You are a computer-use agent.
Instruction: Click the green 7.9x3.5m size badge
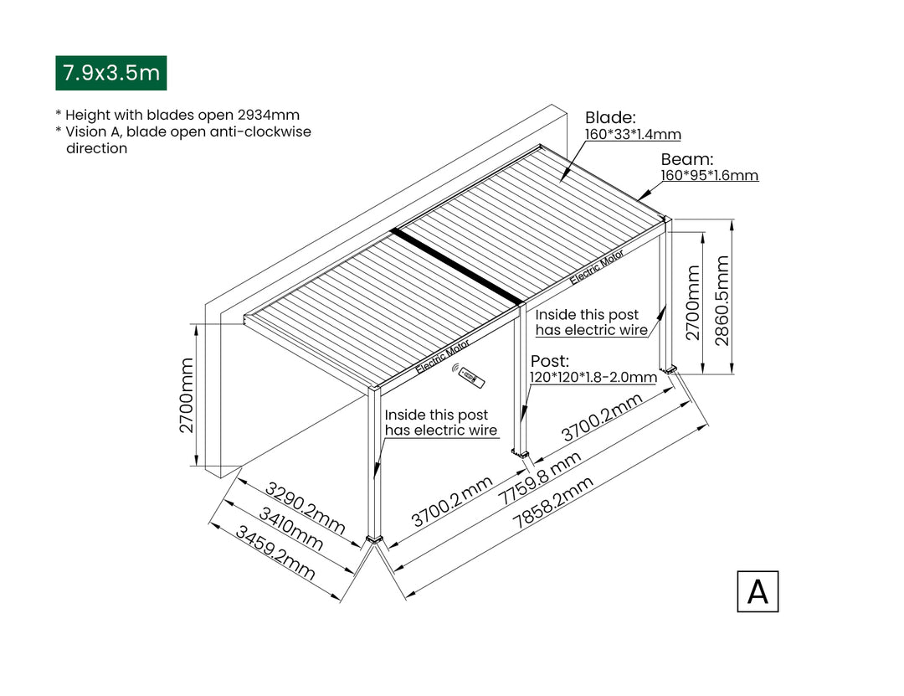click(x=110, y=73)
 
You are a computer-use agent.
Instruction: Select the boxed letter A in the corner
click(x=758, y=591)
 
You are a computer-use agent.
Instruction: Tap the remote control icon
click(x=471, y=378)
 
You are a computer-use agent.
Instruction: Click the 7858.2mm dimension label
click(x=553, y=502)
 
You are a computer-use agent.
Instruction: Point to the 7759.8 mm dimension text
click(x=539, y=478)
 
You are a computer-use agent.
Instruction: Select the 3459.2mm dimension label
click(x=275, y=553)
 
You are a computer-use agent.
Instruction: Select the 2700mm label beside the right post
click(x=692, y=303)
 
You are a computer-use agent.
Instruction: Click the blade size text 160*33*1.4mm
click(x=633, y=134)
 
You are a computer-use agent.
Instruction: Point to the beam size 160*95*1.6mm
click(x=709, y=176)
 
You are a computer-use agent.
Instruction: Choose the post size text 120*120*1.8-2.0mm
click(x=593, y=378)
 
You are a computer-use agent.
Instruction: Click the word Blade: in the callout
click(x=610, y=117)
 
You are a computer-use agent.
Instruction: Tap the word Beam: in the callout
click(x=686, y=159)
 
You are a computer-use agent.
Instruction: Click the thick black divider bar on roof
click(x=457, y=266)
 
